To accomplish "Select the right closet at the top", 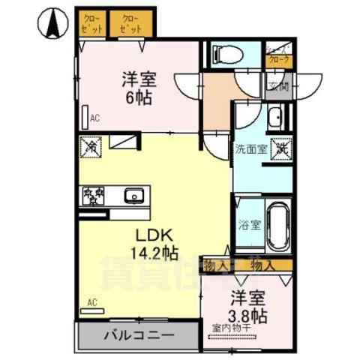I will point(131,23).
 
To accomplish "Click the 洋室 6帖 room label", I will point(139,87).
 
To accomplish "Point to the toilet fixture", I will point(226,53).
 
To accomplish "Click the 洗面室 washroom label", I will point(250,148).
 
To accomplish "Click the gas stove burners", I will point(93,196).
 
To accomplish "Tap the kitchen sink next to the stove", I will point(133,196).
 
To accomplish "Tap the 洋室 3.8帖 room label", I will point(248,305).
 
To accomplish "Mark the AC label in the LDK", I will point(93,302).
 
